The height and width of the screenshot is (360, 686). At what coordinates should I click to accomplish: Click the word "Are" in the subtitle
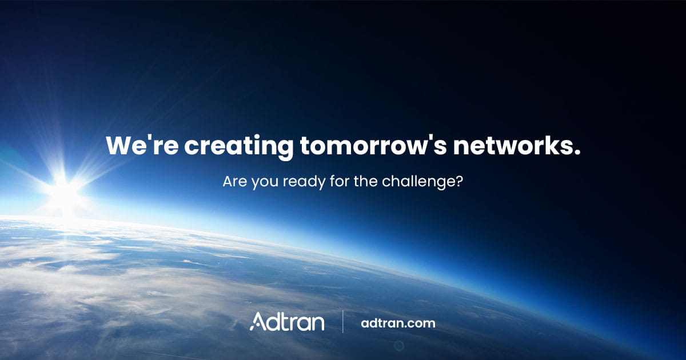(x=233, y=183)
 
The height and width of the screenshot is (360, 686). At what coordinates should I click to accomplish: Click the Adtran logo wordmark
(x=287, y=322)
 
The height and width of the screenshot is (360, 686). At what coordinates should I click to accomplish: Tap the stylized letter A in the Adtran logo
(x=257, y=322)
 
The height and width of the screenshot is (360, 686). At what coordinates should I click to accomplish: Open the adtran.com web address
(x=398, y=323)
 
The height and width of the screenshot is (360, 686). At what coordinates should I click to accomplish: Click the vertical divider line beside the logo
(x=343, y=322)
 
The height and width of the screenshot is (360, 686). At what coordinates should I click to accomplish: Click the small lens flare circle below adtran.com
(x=399, y=345)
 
